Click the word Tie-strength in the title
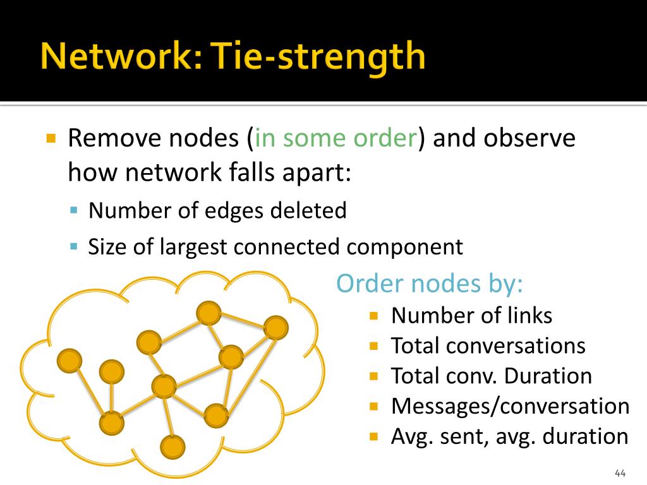tap(318, 57)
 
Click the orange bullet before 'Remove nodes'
tap(51, 138)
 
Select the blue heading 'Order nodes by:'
tap(430, 284)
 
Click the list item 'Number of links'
tap(471, 316)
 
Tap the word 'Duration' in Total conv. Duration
tap(548, 376)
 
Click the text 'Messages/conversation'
tap(510, 406)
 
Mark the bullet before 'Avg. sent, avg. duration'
tap(374, 436)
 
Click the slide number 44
tap(620, 473)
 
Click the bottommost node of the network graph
tap(172, 447)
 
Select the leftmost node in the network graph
tap(70, 361)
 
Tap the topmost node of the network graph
tap(209, 313)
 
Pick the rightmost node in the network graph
tap(276, 328)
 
